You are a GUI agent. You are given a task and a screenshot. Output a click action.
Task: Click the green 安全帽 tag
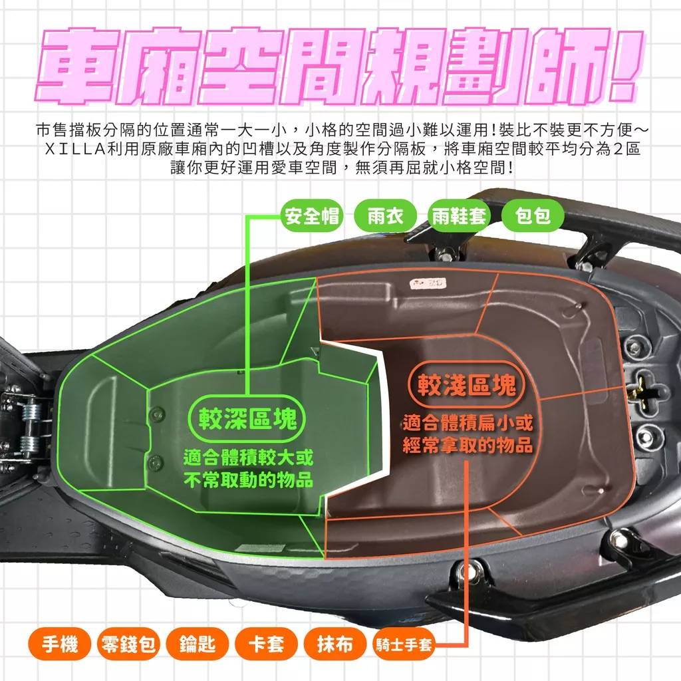click(x=312, y=216)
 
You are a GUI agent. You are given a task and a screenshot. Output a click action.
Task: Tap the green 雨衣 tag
click(x=386, y=216)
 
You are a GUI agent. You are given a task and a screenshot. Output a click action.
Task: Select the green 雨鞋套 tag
click(x=460, y=216)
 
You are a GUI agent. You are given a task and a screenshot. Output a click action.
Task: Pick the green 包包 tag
click(x=533, y=216)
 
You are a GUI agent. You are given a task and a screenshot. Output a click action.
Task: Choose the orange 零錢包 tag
click(x=128, y=644)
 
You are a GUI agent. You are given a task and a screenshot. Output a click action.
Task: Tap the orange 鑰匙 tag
click(x=197, y=644)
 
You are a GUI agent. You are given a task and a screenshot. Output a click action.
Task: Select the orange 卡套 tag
click(x=265, y=644)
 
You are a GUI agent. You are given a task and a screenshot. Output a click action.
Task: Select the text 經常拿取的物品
click(x=468, y=446)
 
